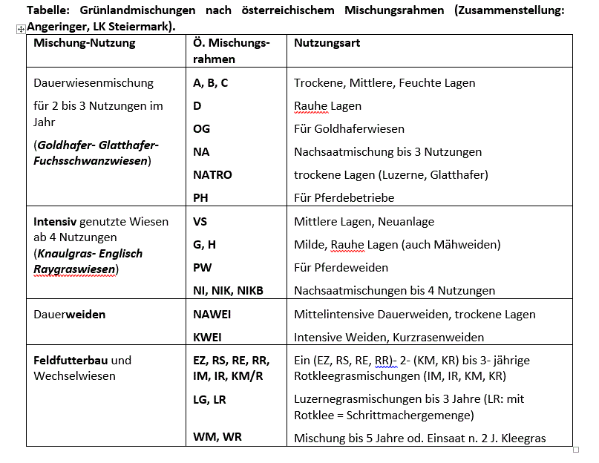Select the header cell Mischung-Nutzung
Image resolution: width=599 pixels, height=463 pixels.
pos(84,43)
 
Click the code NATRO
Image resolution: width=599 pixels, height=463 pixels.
pos(212,175)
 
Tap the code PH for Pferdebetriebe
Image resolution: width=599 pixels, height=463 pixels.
pos(200,198)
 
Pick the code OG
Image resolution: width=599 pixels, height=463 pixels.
pos(201,129)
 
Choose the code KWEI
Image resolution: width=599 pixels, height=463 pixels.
pos(207,338)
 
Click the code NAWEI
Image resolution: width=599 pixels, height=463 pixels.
pos(212,315)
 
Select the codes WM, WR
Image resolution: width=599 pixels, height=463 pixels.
pos(217,437)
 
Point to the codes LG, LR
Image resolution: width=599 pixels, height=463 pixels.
pos(209,399)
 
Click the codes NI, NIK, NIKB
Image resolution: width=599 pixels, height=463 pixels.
pos(228,290)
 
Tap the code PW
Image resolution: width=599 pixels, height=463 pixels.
pos(202,267)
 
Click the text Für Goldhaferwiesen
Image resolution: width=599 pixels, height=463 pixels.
pos(349,129)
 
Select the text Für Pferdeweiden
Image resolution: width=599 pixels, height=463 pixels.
pos(341,267)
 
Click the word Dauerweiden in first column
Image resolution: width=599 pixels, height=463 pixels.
pos(69,315)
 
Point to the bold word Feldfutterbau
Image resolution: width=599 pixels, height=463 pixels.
pos(71,361)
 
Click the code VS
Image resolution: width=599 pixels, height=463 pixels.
pos(200,221)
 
